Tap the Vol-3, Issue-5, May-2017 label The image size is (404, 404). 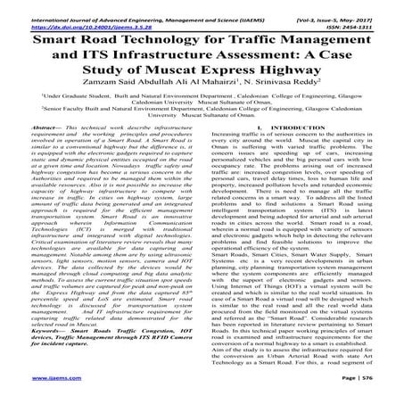click(x=343, y=6)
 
